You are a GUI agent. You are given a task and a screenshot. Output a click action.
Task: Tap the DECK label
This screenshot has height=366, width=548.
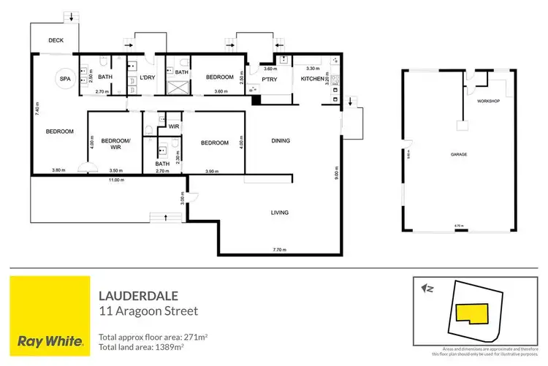click(x=57, y=41)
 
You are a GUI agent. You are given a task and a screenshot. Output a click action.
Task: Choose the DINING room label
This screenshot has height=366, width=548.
click(x=281, y=140)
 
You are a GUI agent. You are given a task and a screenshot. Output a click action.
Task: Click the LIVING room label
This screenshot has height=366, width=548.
click(x=281, y=213)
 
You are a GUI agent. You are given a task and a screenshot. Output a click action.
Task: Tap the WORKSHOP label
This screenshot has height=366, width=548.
click(x=487, y=101)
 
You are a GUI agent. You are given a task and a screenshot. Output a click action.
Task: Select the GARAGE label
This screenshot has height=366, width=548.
click(x=459, y=155)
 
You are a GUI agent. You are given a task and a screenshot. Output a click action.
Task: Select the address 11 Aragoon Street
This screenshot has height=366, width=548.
click(x=148, y=311)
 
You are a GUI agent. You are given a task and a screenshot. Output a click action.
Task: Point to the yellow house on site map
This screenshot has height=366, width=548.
click(x=472, y=313)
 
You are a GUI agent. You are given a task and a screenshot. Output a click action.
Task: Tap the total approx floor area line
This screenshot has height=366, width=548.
click(x=153, y=338)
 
